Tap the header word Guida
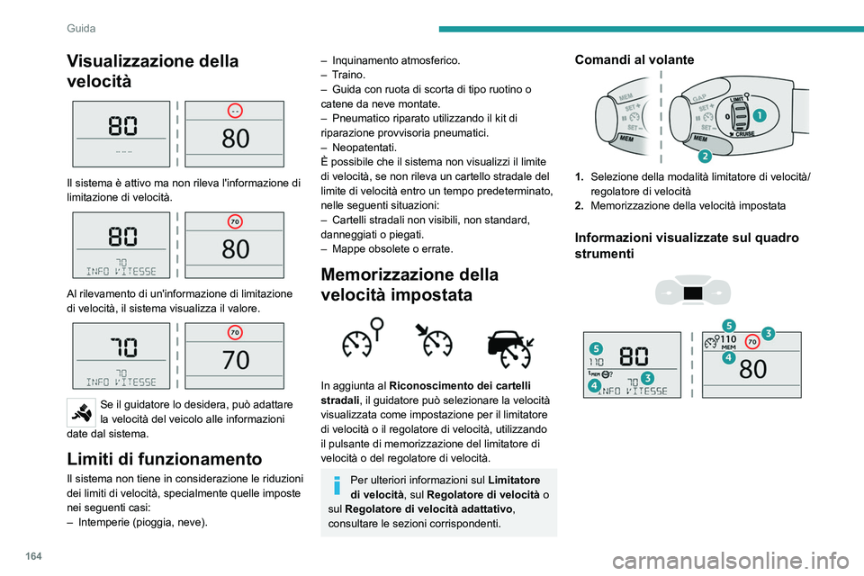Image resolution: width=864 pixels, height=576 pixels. (82, 29)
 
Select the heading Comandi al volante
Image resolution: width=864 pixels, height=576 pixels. (634, 59)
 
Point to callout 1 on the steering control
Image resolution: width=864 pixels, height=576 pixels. (760, 116)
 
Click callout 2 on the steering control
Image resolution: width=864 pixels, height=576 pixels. (705, 157)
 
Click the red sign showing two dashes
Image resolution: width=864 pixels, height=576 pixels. (235, 111)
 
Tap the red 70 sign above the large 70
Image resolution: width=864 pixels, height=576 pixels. (235, 332)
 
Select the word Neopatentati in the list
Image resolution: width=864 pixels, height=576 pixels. (364, 147)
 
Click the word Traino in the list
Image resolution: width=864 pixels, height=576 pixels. (348, 75)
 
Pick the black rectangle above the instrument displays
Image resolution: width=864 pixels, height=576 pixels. (692, 293)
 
